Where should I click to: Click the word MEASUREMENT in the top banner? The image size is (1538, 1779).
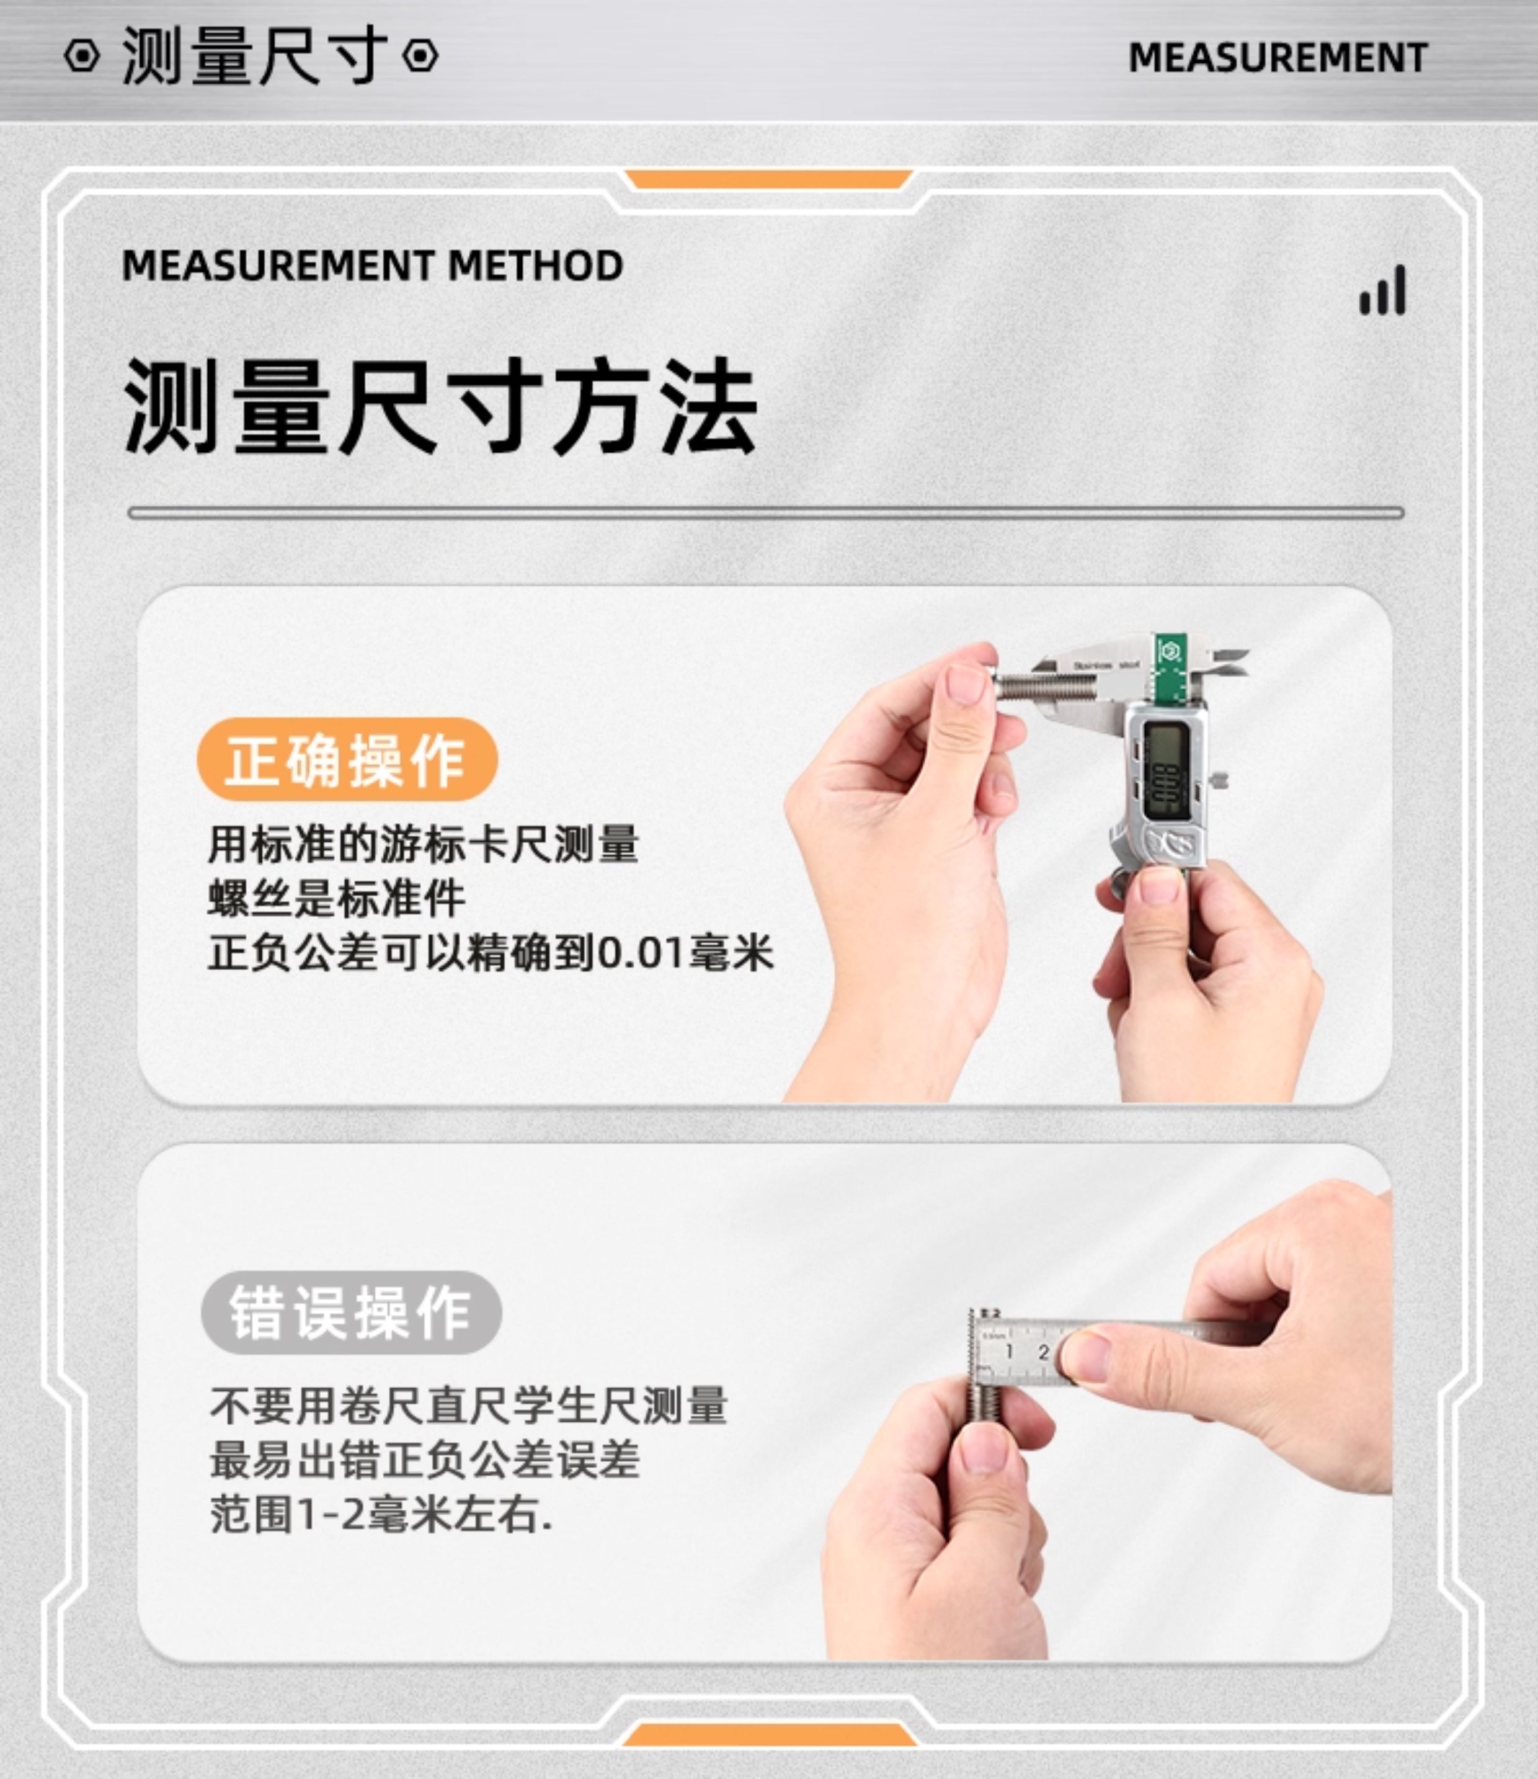[1278, 58]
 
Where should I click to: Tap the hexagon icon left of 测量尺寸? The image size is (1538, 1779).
[82, 56]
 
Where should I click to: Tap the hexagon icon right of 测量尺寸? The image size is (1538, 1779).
[420, 56]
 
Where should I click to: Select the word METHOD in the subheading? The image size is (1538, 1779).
[536, 265]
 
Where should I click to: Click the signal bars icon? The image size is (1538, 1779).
[1383, 290]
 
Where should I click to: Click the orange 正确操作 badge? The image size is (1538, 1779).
[347, 760]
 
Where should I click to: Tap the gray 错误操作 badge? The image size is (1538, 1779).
[351, 1313]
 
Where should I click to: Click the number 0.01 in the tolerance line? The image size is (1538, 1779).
[641, 953]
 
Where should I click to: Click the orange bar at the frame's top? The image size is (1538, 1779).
[768, 179]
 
